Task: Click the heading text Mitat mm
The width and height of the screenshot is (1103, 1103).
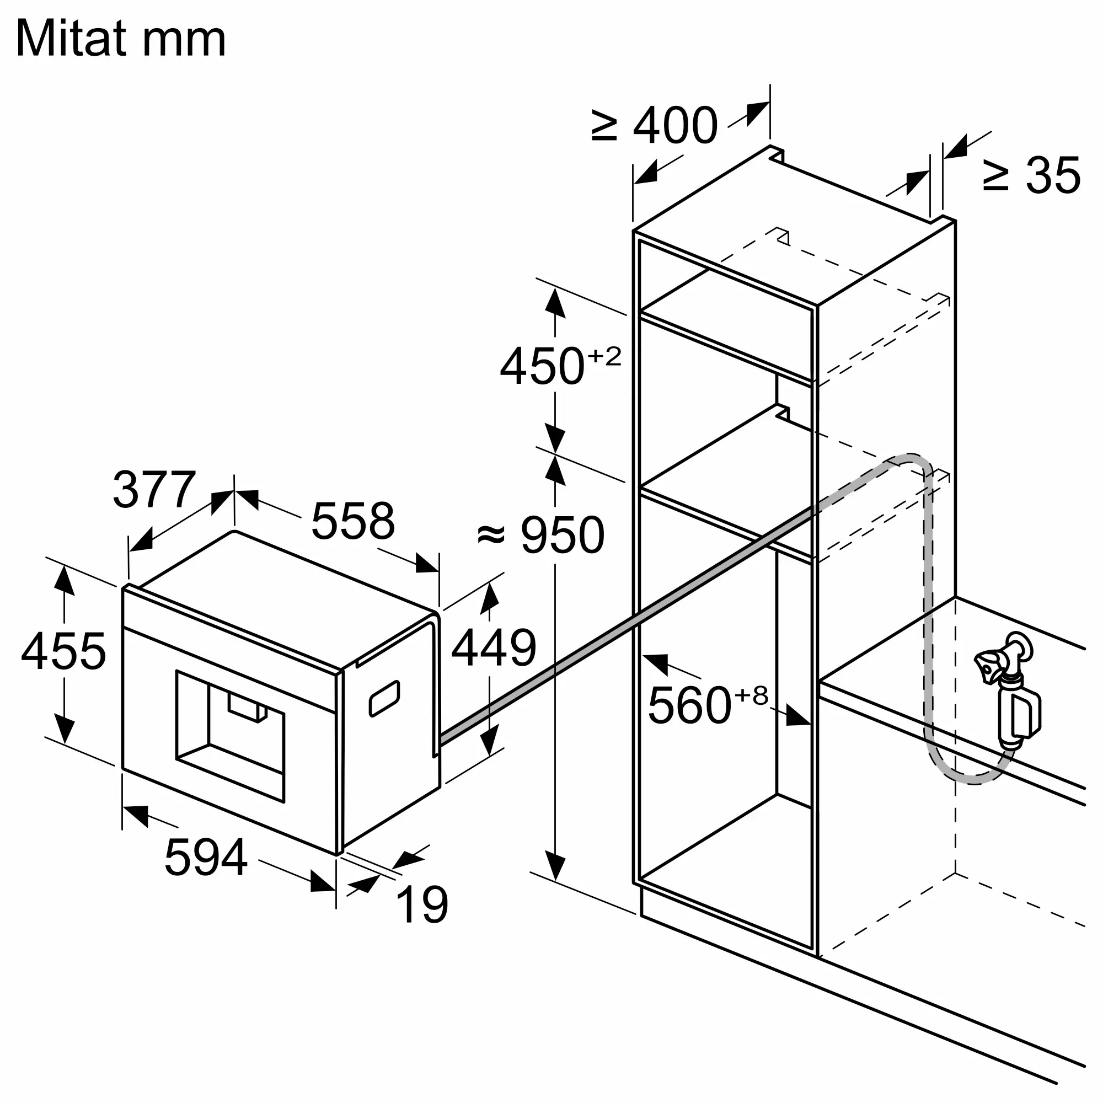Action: tap(121, 38)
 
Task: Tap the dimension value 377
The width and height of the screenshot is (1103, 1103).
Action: tap(155, 489)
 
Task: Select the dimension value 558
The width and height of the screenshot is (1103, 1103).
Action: tap(353, 521)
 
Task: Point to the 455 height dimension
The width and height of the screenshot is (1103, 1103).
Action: tap(63, 651)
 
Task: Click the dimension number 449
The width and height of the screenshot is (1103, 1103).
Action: tap(494, 647)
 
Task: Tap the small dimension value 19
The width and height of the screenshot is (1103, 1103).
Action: tap(422, 904)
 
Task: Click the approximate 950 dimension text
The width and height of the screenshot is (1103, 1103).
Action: tap(540, 535)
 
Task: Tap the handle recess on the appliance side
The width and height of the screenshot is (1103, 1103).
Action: tap(384, 698)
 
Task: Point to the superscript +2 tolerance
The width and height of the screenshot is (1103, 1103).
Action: tap(604, 356)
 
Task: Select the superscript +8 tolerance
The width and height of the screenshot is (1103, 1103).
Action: tap(751, 695)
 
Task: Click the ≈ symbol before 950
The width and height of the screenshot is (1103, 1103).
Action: tap(491, 535)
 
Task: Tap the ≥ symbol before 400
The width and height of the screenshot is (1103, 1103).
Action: tap(604, 126)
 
